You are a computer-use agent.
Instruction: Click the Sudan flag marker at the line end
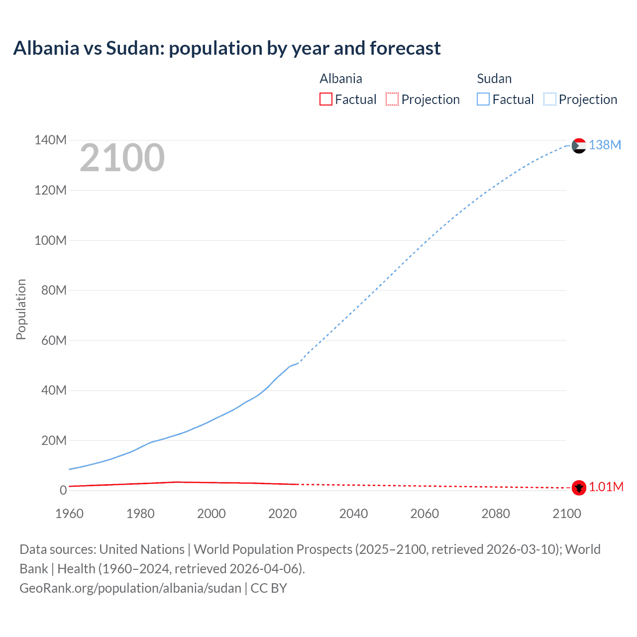pyautogui.click(x=579, y=146)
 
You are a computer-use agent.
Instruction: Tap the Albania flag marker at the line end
pyautogui.click(x=579, y=488)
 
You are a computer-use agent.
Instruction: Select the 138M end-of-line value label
pyautogui.click(x=605, y=145)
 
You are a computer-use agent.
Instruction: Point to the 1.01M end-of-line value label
pyautogui.click(x=606, y=487)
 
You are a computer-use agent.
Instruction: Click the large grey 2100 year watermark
pyautogui.click(x=122, y=158)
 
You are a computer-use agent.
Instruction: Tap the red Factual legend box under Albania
pyautogui.click(x=326, y=99)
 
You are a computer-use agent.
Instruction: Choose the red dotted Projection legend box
pyautogui.click(x=392, y=99)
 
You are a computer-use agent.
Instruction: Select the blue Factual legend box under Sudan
pyautogui.click(x=483, y=99)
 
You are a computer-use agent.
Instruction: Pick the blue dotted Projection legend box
pyautogui.click(x=550, y=99)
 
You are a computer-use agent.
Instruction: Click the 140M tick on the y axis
pyautogui.click(x=50, y=140)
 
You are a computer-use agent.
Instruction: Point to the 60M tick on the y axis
pyautogui.click(x=53, y=340)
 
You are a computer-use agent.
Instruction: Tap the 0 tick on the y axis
pyautogui.click(x=63, y=490)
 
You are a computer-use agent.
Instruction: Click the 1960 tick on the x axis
pyautogui.click(x=69, y=514)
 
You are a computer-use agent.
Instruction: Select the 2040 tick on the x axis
pyautogui.click(x=353, y=514)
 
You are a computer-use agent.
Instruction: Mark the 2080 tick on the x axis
pyautogui.click(x=496, y=514)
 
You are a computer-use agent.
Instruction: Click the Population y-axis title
pyautogui.click(x=21, y=309)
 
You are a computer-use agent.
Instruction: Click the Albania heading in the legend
pyautogui.click(x=341, y=79)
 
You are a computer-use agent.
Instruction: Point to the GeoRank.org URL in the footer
pyautogui.click(x=130, y=588)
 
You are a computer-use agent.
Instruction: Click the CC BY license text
pyautogui.click(x=269, y=588)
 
